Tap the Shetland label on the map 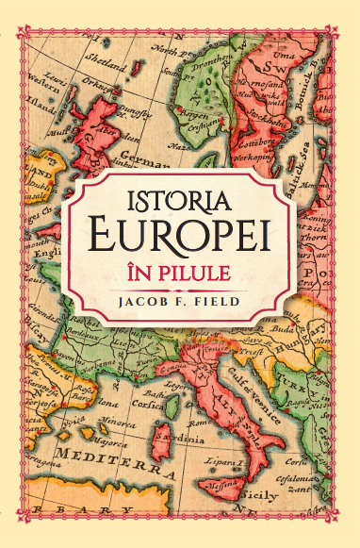point(105,68)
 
